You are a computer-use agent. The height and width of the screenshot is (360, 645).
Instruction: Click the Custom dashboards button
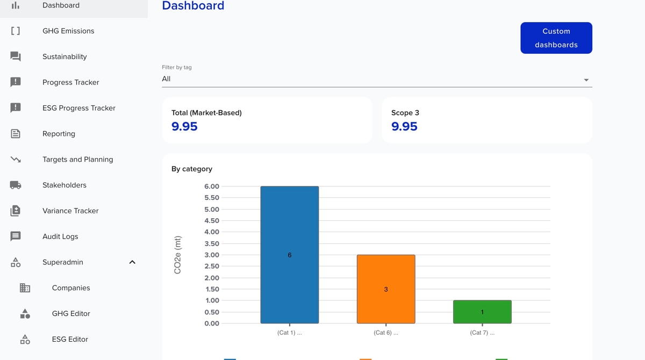(x=556, y=38)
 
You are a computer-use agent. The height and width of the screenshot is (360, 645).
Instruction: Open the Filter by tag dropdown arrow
(x=586, y=80)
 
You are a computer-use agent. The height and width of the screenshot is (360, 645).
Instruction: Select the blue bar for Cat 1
(x=289, y=255)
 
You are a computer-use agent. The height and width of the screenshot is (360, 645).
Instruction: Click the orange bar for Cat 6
(x=385, y=289)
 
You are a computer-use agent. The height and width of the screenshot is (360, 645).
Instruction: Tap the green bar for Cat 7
(x=482, y=312)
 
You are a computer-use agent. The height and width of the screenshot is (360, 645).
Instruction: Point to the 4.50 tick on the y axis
(x=212, y=221)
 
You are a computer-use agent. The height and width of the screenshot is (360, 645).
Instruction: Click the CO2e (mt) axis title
(x=177, y=255)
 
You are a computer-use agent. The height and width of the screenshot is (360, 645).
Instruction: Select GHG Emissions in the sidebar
(x=68, y=31)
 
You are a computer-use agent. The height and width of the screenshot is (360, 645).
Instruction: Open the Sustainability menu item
(x=64, y=57)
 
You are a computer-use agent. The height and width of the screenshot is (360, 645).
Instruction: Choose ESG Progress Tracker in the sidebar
(x=79, y=108)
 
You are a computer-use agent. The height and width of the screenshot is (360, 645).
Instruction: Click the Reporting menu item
(x=59, y=134)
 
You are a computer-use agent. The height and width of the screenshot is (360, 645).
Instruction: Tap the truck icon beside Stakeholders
(x=16, y=185)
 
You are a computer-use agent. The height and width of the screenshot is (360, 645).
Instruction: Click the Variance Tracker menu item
(x=70, y=211)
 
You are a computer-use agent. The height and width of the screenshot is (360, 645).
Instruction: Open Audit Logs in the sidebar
(x=60, y=236)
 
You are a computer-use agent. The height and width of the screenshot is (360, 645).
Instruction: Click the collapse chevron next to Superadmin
(x=132, y=262)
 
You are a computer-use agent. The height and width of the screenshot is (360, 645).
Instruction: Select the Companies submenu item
(x=71, y=288)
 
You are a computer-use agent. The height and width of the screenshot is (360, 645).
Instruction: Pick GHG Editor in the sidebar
(x=71, y=314)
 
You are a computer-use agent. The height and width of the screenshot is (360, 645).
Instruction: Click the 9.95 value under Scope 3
(x=404, y=127)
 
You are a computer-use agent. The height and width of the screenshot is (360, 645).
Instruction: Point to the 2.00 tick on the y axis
(x=212, y=278)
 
